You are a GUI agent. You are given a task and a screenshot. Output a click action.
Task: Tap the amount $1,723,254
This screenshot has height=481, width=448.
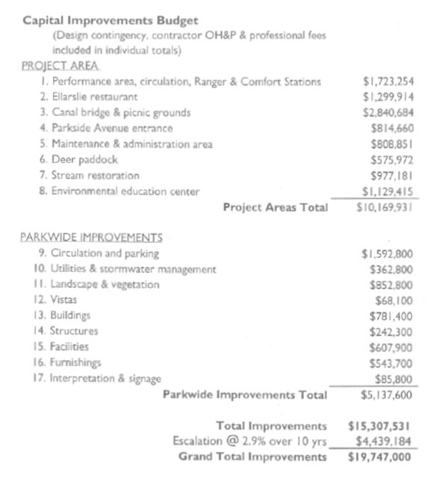coord(388,81)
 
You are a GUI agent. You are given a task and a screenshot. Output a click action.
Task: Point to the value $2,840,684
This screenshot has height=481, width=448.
coord(388,113)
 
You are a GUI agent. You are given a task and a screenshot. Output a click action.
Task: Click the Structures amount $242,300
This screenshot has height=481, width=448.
coord(392,331)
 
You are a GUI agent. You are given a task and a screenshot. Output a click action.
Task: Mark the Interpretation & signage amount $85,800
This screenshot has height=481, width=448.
coord(396,378)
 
